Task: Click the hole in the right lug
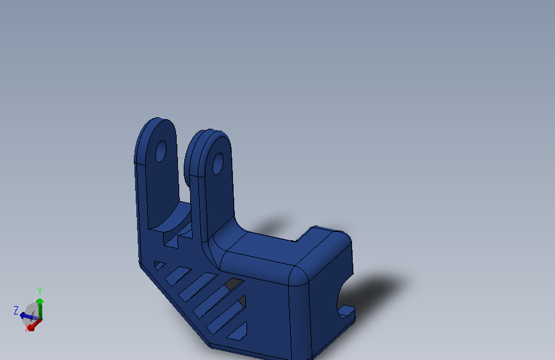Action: click(218, 163)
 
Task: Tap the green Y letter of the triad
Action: click(40, 291)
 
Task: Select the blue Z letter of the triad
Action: click(16, 310)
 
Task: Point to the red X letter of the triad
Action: click(29, 328)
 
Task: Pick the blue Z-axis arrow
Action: click(27, 315)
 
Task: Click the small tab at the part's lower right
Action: click(346, 312)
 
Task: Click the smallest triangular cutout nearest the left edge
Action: click(159, 265)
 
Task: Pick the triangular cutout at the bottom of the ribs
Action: click(237, 332)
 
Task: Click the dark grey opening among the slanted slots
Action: click(234, 282)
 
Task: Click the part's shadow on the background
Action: click(378, 288)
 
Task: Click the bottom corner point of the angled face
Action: click(212, 346)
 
